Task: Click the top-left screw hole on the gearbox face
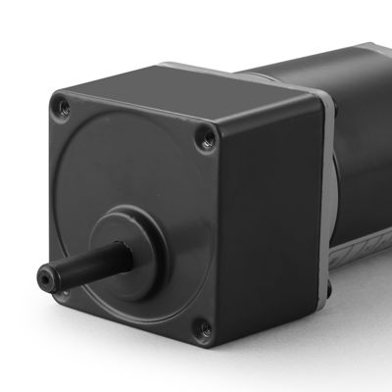point(64,101)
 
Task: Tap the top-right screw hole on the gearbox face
point(207,140)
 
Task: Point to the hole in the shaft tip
point(45,271)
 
